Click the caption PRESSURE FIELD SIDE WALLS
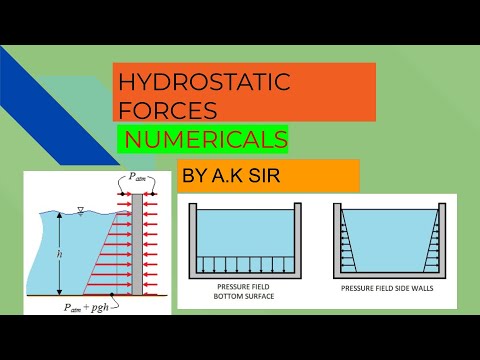[387, 285]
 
